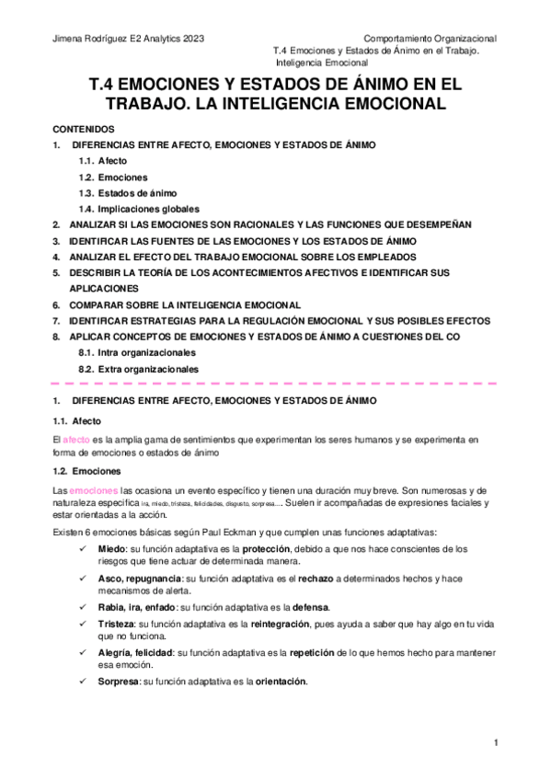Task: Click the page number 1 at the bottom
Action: [x=495, y=742]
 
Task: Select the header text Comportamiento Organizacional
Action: [x=430, y=39]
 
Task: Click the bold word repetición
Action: [x=339, y=652]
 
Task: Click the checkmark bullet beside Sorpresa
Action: [x=83, y=682]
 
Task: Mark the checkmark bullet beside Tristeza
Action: [x=83, y=624]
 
